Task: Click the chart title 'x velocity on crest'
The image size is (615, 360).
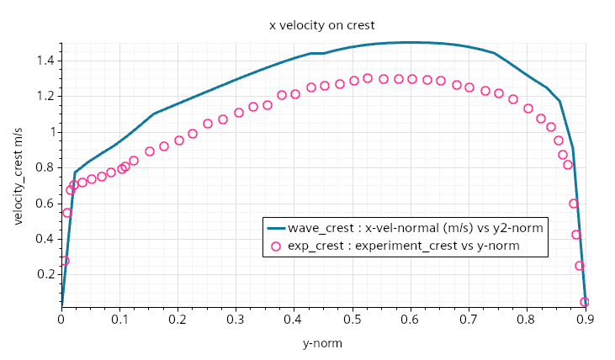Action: (x=322, y=25)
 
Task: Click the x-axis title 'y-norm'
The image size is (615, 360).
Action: (x=322, y=343)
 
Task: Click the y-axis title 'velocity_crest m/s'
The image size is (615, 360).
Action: (x=19, y=176)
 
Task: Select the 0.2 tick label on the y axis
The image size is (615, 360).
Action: (x=45, y=274)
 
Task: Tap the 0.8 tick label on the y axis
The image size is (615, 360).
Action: (x=45, y=167)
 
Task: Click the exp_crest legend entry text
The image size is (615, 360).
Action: (x=403, y=246)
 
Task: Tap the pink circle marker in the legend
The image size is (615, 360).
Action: (x=274, y=246)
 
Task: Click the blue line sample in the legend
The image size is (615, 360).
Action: (x=275, y=228)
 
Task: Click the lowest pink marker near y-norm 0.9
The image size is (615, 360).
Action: (x=585, y=301)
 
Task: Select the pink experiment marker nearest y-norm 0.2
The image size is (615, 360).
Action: (x=179, y=140)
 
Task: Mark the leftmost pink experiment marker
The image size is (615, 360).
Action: (x=65, y=261)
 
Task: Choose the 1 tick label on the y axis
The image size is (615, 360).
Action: (x=51, y=132)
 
